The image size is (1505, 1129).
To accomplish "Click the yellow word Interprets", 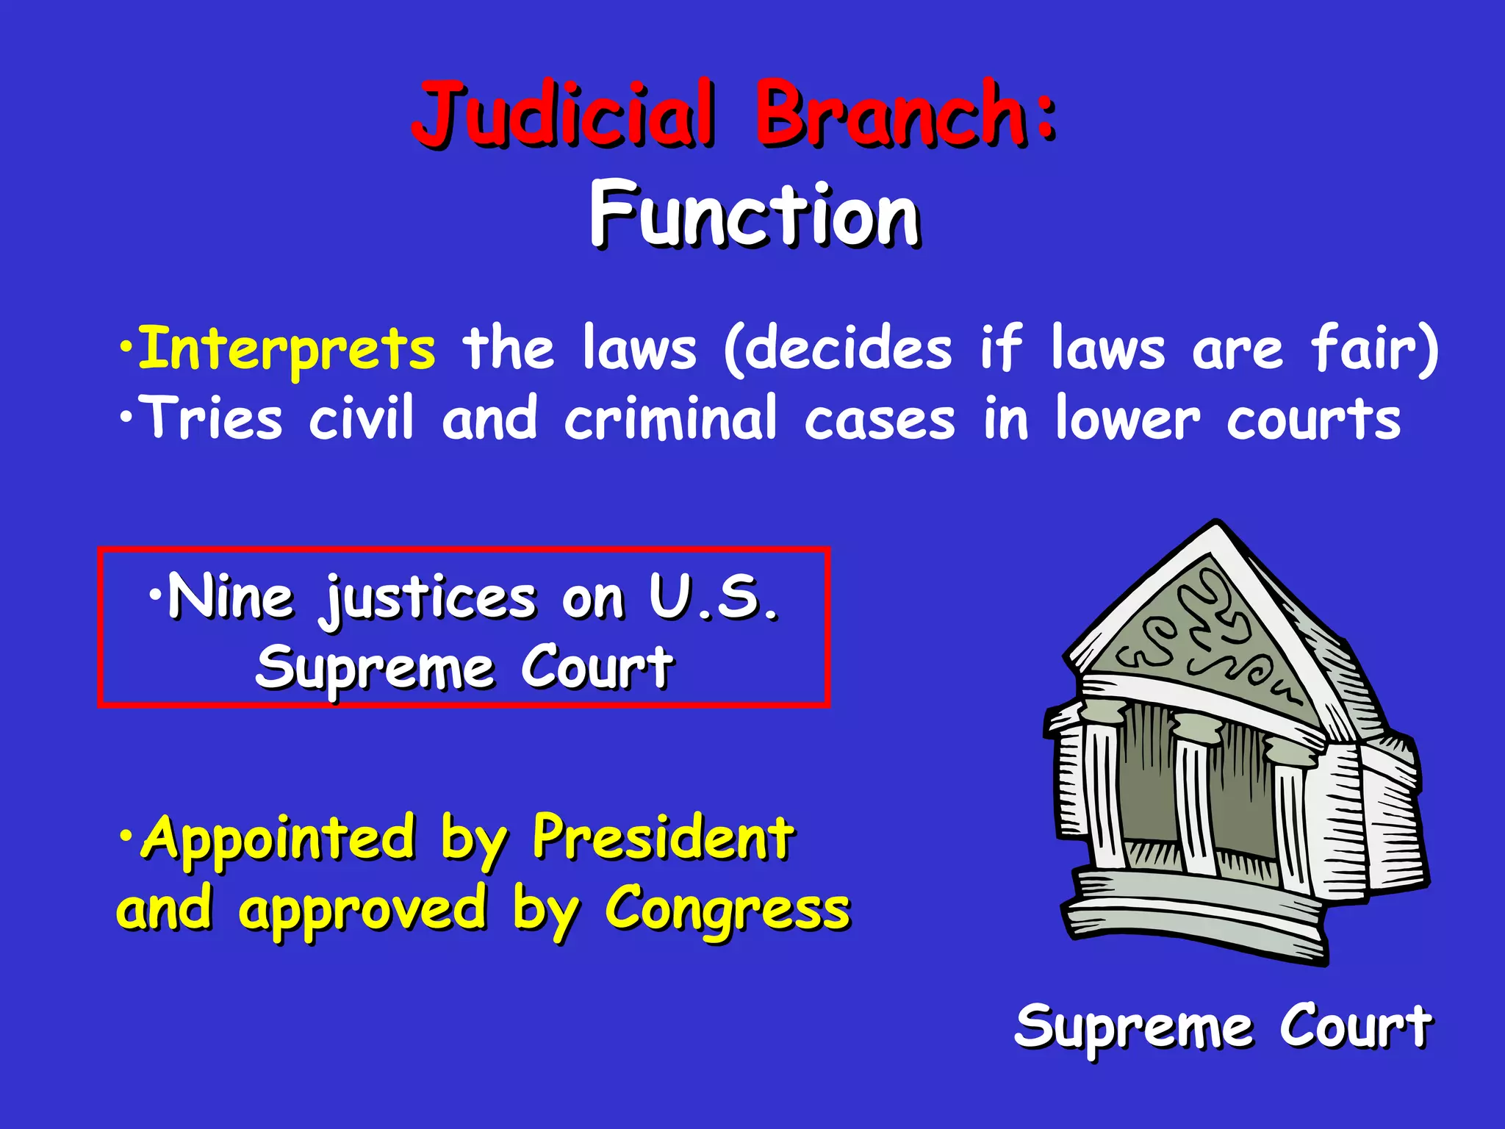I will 287,350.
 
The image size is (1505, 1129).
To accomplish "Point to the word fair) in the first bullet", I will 1375,350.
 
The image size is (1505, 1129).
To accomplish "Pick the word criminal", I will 670,419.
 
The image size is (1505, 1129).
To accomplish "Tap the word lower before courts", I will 1128,419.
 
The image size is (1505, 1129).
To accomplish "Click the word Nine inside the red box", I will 231,598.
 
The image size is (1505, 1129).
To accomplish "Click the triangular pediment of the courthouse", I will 1205,632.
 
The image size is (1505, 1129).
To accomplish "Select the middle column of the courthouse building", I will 1196,798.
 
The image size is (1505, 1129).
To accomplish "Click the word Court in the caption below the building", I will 1356,1026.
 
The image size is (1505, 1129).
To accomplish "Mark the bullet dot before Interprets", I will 126,345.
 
